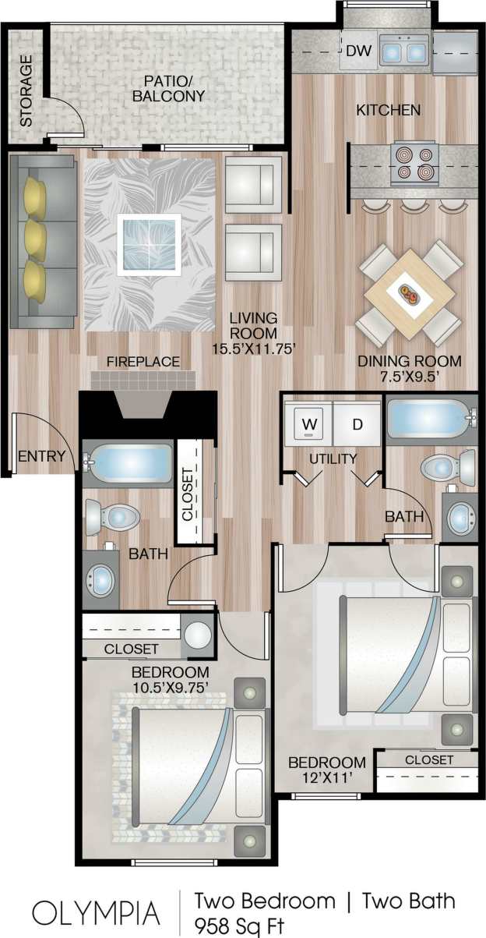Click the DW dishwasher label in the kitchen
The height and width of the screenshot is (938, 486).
357,52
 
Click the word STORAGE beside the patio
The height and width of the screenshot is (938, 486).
26,90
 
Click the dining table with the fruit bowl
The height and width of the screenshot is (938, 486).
410,295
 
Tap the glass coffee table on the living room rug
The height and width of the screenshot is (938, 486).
149,244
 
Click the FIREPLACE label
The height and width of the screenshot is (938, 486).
143,362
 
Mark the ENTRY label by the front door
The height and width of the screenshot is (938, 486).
40,457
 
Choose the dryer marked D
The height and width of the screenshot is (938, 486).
357,424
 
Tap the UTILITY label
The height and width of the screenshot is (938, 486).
333,458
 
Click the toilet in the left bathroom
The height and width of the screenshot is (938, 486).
110,516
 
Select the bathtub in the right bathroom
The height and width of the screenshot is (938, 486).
428,420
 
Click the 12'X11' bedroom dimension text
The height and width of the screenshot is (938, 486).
326,778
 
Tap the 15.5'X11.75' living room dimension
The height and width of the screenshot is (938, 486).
253,349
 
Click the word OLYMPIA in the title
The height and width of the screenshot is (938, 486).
96,912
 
